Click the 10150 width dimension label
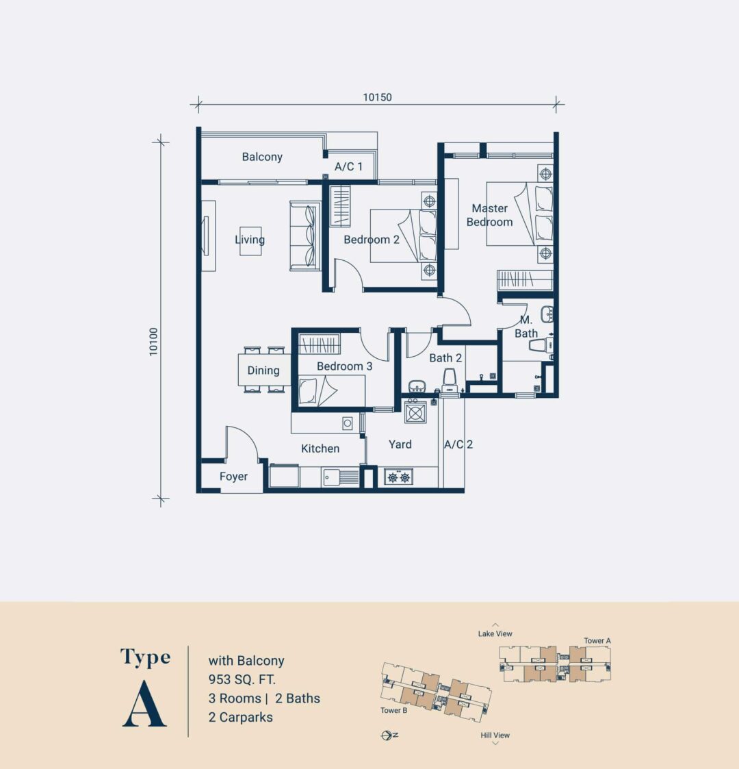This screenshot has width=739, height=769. click(377, 97)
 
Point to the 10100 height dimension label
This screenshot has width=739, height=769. click(153, 340)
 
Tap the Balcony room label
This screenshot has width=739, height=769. click(262, 157)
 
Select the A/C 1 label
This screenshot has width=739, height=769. click(348, 166)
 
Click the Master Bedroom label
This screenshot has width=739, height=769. click(489, 215)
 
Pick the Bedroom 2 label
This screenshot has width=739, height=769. click(371, 240)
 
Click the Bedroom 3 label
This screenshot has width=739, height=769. click(344, 366)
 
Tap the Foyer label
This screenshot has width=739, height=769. click(233, 477)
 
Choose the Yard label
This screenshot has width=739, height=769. click(400, 444)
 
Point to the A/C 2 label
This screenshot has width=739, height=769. click(458, 444)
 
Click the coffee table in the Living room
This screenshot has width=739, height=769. click(250, 241)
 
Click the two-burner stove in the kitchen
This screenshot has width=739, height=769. click(398, 477)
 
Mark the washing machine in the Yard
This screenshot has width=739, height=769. click(415, 412)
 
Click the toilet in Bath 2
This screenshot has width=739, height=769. click(450, 381)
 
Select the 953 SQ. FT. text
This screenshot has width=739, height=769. click(242, 680)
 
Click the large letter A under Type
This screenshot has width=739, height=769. click(144, 705)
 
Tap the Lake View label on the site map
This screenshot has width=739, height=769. click(495, 634)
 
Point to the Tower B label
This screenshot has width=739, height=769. click(394, 710)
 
